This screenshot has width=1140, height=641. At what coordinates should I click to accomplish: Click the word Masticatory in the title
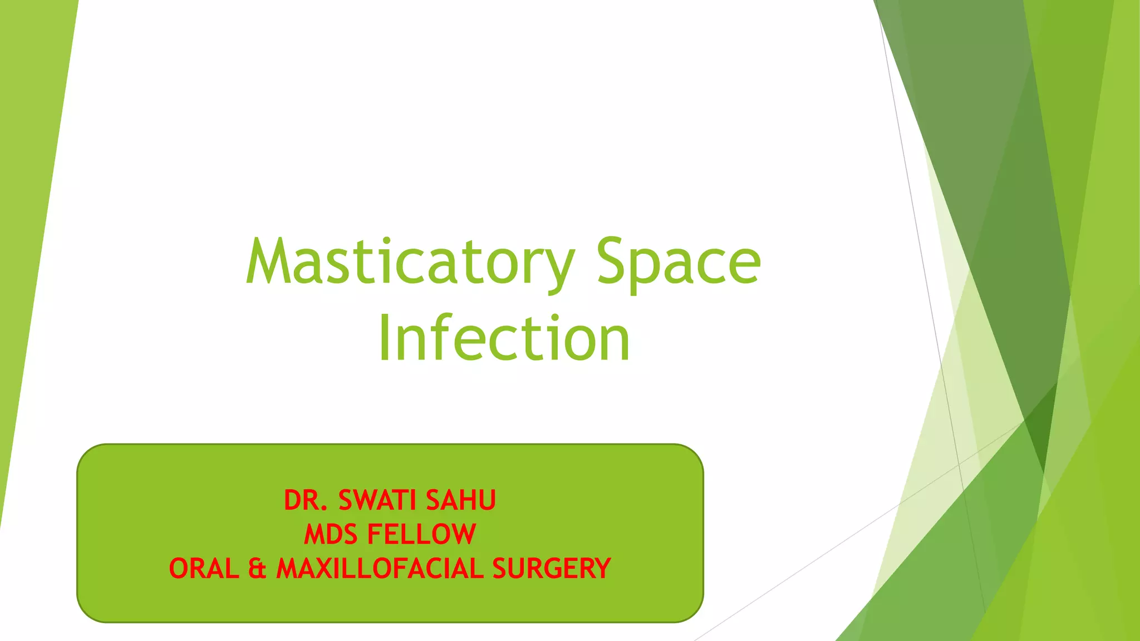pyautogui.click(x=410, y=262)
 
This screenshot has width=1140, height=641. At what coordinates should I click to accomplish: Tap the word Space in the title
pyautogui.click(x=678, y=262)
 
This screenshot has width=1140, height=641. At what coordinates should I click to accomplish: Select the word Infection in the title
pyautogui.click(x=504, y=338)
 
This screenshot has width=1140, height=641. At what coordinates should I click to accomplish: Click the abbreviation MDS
pyautogui.click(x=331, y=534)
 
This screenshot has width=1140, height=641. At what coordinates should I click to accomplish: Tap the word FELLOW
pyautogui.click(x=421, y=534)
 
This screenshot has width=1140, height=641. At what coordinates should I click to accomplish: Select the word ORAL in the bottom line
pyautogui.click(x=204, y=569)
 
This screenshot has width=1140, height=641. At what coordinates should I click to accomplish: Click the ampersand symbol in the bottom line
pyautogui.click(x=257, y=569)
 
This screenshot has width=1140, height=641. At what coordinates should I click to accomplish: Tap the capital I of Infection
pyautogui.click(x=384, y=338)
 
